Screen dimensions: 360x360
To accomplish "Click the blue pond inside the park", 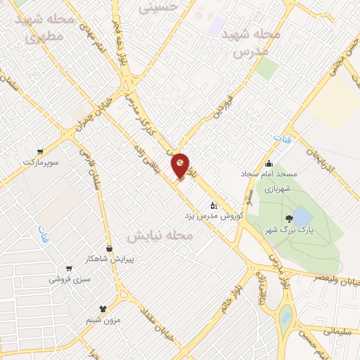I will [x=302, y=214].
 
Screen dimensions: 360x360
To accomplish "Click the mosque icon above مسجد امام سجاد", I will [x=269, y=164].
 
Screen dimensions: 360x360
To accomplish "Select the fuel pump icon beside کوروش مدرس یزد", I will [x=214, y=205].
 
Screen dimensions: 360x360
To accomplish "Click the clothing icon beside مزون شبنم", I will [x=103, y=308].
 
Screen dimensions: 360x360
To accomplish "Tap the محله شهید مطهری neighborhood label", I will [x=49, y=27].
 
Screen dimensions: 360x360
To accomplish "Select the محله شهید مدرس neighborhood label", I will [x=251, y=42].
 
